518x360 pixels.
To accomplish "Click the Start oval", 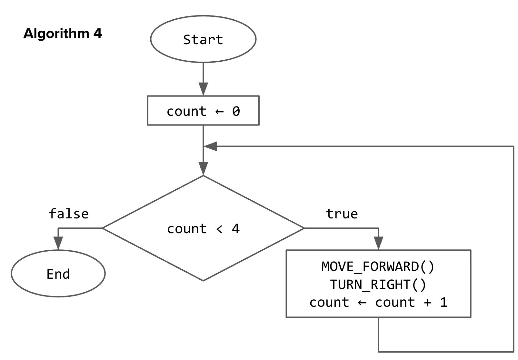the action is coord(203,39).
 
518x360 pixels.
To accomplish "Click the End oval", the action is coord(58,274).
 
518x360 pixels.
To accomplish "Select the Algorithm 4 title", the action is coord(63,34).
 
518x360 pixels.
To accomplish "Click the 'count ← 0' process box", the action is coord(203,111).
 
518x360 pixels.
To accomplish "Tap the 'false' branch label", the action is coord(68,214).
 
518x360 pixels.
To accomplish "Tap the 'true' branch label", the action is coord(342,214).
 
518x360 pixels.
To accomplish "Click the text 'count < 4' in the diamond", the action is coord(203,229).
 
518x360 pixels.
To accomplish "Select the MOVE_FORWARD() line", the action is coord(378,266).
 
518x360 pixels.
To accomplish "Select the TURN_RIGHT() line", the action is coord(378,285).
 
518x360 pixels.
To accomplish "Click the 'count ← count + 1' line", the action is coord(378,302).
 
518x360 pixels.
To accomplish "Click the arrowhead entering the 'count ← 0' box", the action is coord(203,88).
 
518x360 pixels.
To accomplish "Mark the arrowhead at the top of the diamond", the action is coord(203,168).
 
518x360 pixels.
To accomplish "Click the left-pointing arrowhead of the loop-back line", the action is coord(211,146).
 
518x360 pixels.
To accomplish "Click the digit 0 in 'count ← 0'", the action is coord(236,111).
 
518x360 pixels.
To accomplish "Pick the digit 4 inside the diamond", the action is coord(236,229).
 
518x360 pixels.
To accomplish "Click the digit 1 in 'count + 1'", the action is coord(444,302).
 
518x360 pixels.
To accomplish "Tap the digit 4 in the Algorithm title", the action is coord(98,34).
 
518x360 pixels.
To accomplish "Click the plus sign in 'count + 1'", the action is coord(427,303).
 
